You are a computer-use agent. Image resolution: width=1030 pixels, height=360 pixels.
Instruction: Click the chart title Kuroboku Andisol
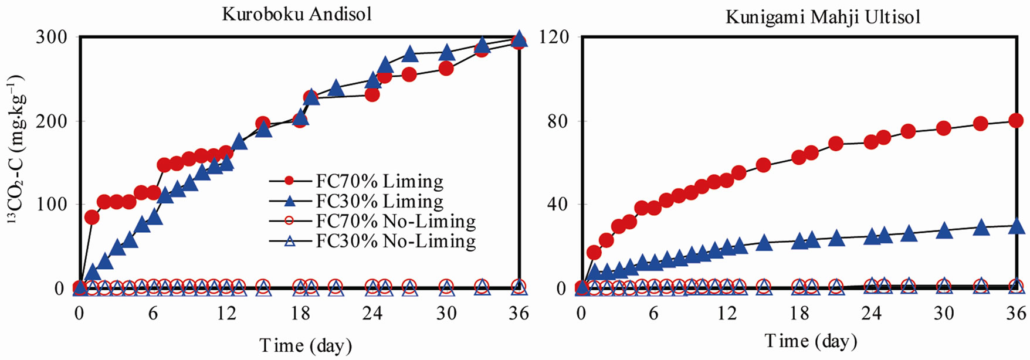297,13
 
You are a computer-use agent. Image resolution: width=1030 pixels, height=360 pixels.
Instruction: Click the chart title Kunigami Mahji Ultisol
823,16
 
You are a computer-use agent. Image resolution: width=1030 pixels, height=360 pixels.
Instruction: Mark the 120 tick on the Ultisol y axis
558,37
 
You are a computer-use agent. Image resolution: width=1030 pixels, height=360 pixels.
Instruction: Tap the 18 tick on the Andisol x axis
300,314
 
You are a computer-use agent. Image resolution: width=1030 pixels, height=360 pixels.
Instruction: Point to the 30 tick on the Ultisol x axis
944,314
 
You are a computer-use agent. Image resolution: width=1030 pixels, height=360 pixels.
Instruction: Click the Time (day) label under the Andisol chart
306,345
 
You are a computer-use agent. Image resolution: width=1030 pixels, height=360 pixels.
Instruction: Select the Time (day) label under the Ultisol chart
811,341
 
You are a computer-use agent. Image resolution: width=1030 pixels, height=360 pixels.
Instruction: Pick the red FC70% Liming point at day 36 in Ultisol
1016,121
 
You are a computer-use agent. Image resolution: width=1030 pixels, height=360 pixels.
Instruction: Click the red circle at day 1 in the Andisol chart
92,217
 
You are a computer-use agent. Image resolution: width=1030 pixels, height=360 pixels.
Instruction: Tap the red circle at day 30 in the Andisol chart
446,68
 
